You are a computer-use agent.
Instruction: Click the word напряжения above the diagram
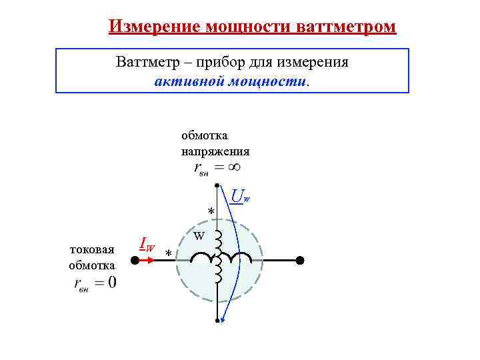point(215,151)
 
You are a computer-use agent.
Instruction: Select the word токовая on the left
point(92,249)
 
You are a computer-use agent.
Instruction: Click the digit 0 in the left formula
point(111,283)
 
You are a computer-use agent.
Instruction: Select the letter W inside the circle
point(199,236)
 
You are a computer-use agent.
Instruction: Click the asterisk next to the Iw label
point(169,254)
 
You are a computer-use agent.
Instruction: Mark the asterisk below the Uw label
point(211,212)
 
